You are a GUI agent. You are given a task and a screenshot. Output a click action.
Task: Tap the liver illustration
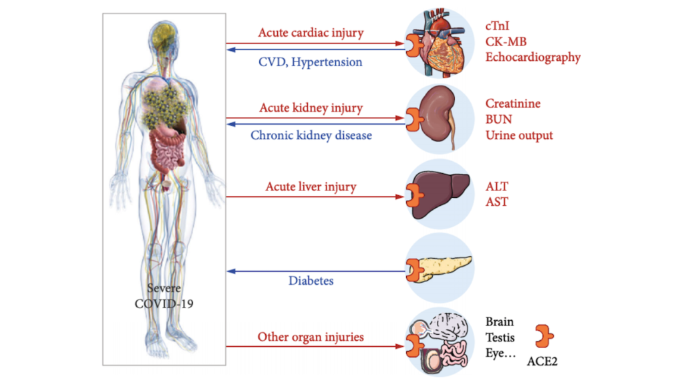click(x=441, y=195)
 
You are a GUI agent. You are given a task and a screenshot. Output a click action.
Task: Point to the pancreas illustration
click(x=444, y=269)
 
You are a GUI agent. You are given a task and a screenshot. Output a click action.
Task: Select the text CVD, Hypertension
click(x=311, y=62)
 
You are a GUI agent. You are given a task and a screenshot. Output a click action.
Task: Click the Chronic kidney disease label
click(x=311, y=135)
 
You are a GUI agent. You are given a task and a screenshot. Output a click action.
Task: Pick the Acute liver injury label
click(x=311, y=186)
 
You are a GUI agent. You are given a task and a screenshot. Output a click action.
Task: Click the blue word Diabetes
click(x=311, y=281)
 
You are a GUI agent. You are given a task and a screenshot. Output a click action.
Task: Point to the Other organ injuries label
click(x=311, y=337)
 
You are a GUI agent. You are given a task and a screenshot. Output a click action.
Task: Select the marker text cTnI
click(x=500, y=27)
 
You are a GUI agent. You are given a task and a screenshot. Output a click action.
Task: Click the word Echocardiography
click(x=533, y=57)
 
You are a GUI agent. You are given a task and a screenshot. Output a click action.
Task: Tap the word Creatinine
click(x=513, y=104)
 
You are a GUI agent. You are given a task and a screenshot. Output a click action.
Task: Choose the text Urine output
click(x=519, y=135)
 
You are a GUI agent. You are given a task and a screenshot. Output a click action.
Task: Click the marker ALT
click(x=497, y=186)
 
